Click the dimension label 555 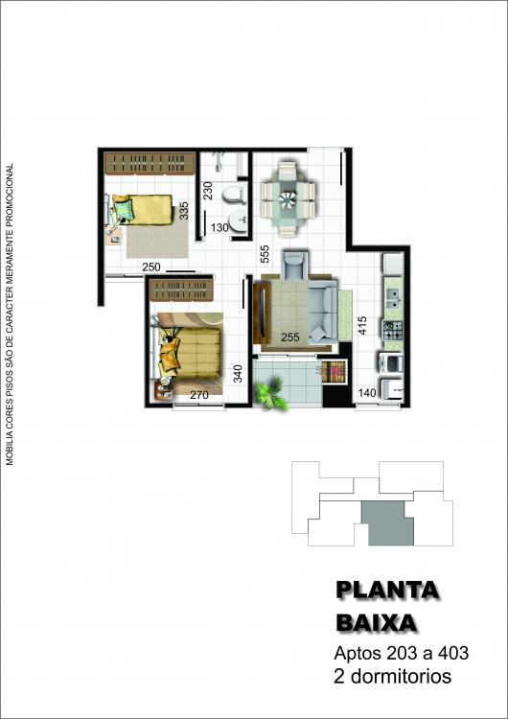[x=265, y=254]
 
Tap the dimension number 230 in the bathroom [x=208, y=191]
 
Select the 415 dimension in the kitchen [x=362, y=325]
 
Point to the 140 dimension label [x=367, y=393]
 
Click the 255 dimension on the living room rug [x=290, y=337]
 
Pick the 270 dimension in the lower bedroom [x=199, y=394]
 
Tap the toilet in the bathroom [x=234, y=194]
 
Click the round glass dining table [x=288, y=198]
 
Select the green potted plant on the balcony [x=271, y=393]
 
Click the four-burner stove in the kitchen [x=393, y=330]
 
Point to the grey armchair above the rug [x=295, y=265]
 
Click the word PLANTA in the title [x=387, y=591]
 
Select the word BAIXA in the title [x=377, y=624]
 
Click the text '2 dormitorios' [x=392, y=677]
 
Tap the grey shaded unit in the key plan [x=388, y=523]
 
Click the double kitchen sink [x=393, y=299]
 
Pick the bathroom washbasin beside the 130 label [x=238, y=222]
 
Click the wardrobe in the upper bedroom [x=150, y=163]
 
